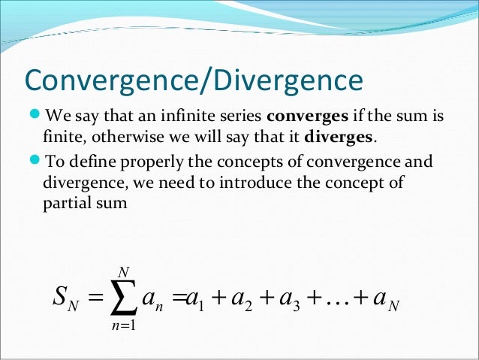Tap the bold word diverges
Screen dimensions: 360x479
(336, 138)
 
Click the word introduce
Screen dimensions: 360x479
(295, 183)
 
